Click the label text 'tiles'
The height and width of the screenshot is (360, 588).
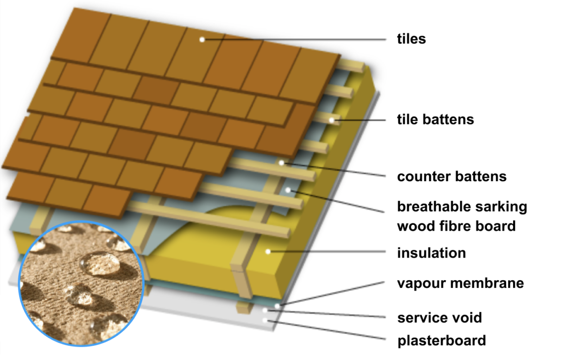[x=411, y=39]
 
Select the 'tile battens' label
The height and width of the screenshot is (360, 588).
[x=435, y=119]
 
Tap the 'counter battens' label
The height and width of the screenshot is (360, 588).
[x=451, y=176]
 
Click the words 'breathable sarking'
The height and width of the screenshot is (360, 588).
[x=462, y=207]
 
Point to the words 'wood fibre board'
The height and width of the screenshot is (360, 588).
[x=456, y=226]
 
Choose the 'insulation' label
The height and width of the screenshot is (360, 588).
[x=431, y=253]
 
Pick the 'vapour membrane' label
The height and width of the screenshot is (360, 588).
[x=460, y=283]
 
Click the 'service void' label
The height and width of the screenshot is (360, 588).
[x=440, y=317]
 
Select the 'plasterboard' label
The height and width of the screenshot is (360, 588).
[x=441, y=340]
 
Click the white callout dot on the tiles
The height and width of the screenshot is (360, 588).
[x=202, y=39]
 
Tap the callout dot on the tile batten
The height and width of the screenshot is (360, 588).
[x=332, y=120]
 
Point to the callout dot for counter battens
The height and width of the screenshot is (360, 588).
[x=282, y=162]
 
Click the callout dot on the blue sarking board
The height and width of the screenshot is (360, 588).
[x=288, y=189]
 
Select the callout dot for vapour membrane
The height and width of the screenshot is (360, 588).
[x=277, y=306]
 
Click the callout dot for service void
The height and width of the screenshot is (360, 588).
[x=265, y=311]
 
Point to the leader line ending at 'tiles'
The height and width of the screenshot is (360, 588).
[x=294, y=39]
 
